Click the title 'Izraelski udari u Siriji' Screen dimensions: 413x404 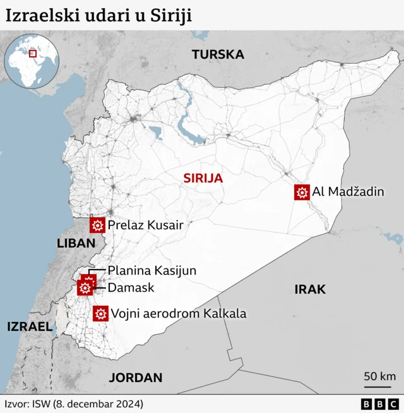tap(98, 15)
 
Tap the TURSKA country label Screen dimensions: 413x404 tap(218, 54)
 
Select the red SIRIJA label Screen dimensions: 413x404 tap(203, 178)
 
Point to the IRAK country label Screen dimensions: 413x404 tap(310, 289)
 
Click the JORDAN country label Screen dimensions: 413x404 tap(136, 378)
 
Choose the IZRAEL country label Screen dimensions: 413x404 tap(29, 326)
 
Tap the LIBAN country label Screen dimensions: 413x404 tap(76, 243)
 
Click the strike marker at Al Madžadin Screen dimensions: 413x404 tap(302, 192)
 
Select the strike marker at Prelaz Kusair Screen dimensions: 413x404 tap(98, 225)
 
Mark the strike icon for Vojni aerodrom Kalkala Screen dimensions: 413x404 tap(100, 313)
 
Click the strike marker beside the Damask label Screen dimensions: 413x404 tap(85, 289)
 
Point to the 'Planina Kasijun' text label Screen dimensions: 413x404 tap(152, 270)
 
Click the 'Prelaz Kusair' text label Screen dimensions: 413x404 tap(145, 225)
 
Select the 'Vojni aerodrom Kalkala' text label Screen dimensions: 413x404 tap(179, 313)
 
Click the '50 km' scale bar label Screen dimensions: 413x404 tap(379, 376)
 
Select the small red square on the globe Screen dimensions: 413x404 tap(32, 54)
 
